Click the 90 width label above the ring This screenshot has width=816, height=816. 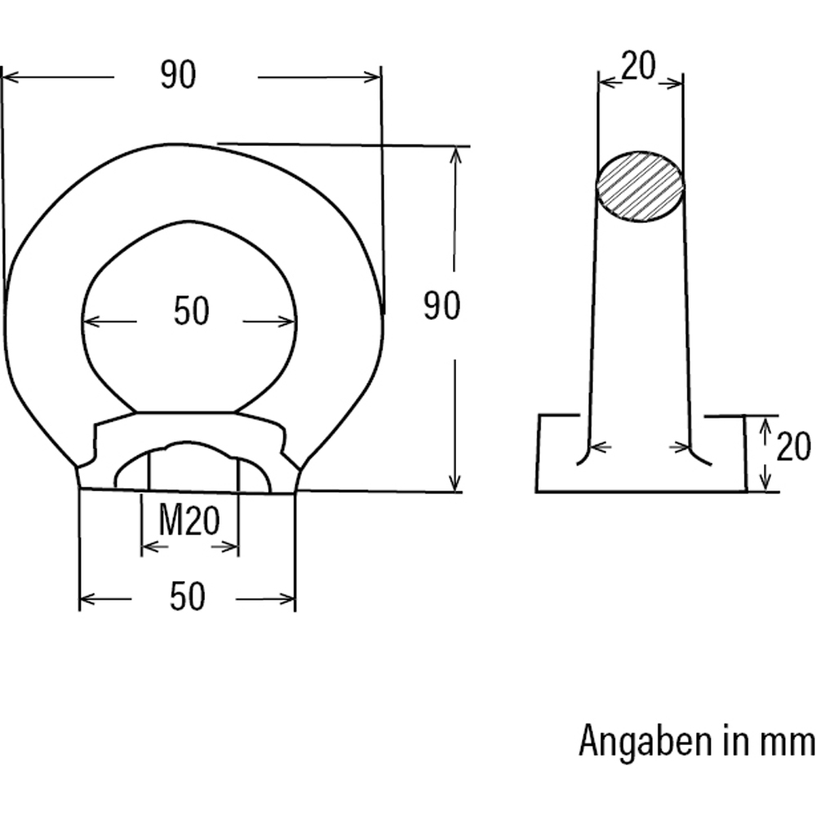[x=178, y=76]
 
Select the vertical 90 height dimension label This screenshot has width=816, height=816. [x=441, y=306]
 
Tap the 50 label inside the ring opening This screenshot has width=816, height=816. [x=192, y=312]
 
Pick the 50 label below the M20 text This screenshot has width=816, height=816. [x=187, y=597]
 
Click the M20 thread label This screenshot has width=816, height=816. [x=189, y=521]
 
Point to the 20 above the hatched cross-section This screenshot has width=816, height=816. [x=638, y=67]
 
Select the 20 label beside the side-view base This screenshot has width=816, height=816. [x=792, y=448]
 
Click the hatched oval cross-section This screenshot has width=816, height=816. [x=641, y=186]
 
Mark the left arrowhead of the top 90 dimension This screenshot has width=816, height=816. [x=8, y=78]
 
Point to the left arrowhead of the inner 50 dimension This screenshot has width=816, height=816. [x=90, y=322]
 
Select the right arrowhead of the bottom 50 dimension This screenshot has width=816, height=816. [x=289, y=600]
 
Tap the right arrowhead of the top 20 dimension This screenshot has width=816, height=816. [x=676, y=82]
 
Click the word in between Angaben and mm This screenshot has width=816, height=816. [x=734, y=743]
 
